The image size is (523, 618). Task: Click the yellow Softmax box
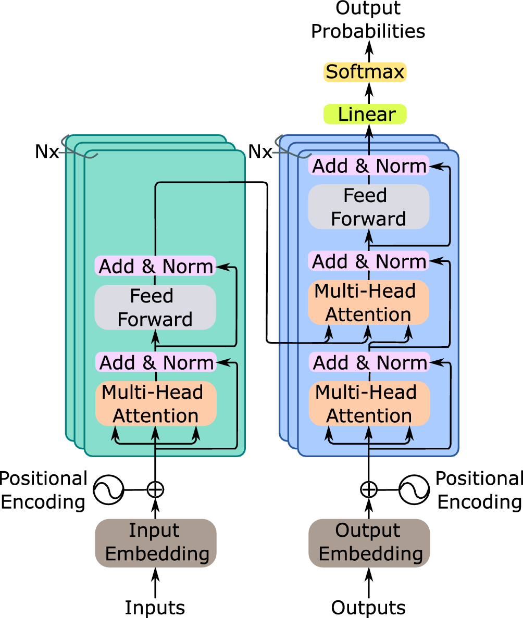point(365,72)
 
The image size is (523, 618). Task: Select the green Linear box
point(365,114)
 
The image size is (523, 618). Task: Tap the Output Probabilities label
point(368,21)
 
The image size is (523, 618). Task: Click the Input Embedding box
point(155,543)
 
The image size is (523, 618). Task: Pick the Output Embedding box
point(369,543)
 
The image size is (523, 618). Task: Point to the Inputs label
point(155,607)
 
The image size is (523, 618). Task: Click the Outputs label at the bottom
point(368,607)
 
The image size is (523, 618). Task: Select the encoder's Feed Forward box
point(155,307)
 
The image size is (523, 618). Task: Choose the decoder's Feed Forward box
point(368,207)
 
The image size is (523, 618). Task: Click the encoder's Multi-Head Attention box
point(155,404)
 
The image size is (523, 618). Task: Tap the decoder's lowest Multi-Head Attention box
point(369,404)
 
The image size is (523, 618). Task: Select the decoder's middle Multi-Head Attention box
point(368,303)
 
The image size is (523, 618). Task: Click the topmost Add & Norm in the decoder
point(368,166)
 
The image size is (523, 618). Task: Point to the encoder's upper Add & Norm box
point(155,266)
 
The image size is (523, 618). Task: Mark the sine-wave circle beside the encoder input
point(108,489)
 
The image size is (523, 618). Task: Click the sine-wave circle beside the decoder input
point(415,489)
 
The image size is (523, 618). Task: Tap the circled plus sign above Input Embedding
point(155,489)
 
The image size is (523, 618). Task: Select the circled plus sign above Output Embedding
point(368,489)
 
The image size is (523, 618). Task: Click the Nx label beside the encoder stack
point(47,153)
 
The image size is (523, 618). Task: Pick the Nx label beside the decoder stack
point(260,153)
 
